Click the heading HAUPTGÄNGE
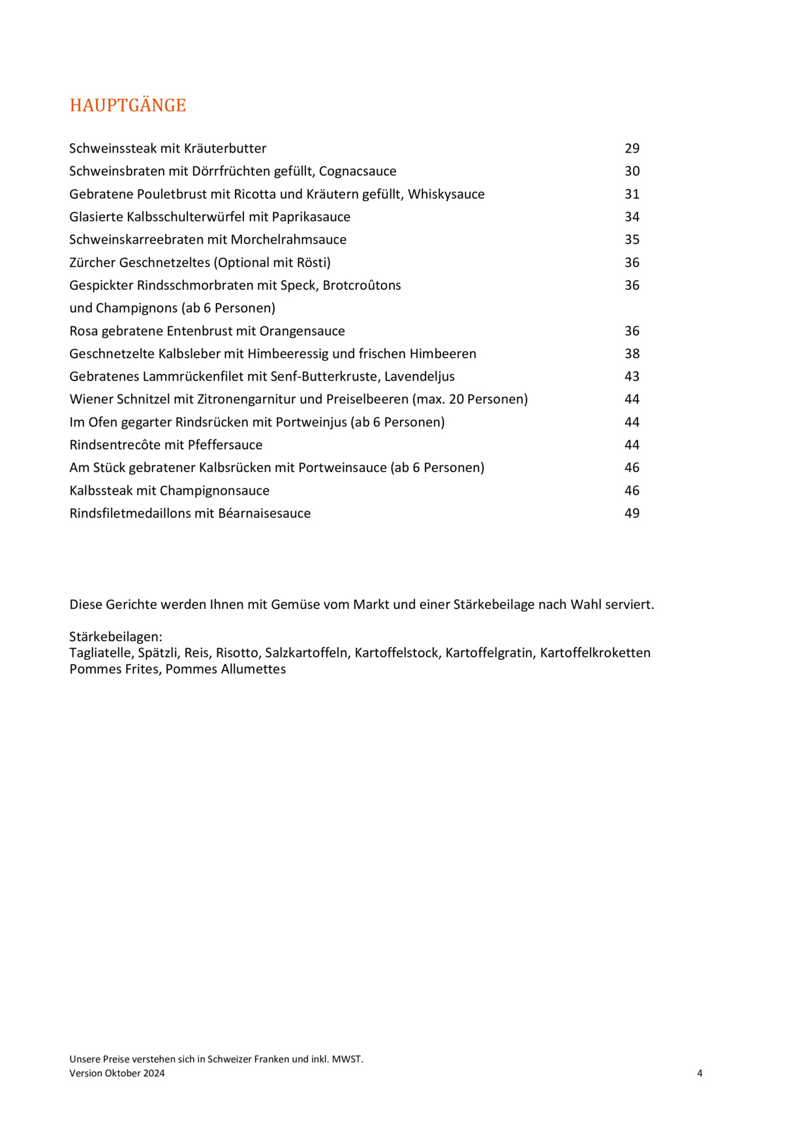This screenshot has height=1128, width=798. pos(128,106)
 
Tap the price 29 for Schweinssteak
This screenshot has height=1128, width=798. pos(632,149)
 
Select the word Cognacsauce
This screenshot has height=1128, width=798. pos(358,172)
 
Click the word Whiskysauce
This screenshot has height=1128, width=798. pos(446,195)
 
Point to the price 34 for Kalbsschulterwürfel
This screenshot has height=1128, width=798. pos(632,217)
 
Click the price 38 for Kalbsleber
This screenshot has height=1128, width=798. pos(632,354)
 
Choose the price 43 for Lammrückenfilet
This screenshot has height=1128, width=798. pos(632,377)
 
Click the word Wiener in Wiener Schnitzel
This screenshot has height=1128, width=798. pos(91,399)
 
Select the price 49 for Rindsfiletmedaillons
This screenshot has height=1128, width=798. pos(632,514)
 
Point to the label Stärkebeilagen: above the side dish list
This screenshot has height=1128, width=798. pos(115,637)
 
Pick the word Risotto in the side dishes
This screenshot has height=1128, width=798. pos(237,653)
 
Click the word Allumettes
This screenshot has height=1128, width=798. pos(253,669)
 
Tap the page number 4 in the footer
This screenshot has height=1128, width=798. pos(699,1073)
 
